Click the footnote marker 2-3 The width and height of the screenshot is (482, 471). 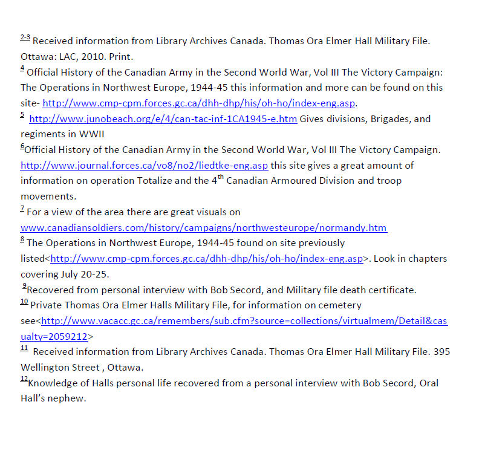point(25,38)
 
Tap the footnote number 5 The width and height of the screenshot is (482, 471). point(22,115)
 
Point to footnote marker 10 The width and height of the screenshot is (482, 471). point(24,302)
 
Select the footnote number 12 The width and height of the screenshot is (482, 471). point(24,379)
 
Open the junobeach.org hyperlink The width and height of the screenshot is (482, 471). point(163,119)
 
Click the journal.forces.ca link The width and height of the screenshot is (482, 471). point(144,166)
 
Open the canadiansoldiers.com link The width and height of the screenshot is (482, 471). point(203,228)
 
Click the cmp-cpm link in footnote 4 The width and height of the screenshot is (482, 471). point(199,103)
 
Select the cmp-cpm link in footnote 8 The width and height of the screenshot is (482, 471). point(206,259)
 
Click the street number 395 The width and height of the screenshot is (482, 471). point(441,352)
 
